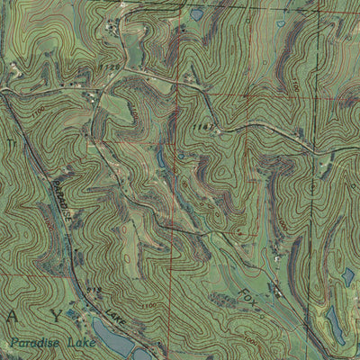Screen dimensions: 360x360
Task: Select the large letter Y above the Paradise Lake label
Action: pyautogui.click(x=58, y=316)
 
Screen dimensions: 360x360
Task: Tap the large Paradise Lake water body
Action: pyautogui.click(x=112, y=339)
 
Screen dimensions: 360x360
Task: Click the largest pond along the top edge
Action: pyautogui.click(x=197, y=13)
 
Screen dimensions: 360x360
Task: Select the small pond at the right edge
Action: pyautogui.click(x=348, y=276)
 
